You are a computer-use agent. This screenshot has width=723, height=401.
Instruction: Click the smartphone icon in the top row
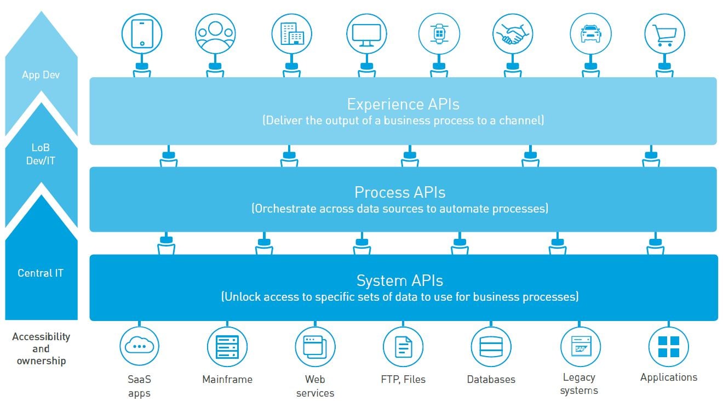[141, 33]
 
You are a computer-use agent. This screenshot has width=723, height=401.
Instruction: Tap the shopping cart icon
[664, 33]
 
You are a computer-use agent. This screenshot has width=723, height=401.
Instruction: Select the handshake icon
[512, 33]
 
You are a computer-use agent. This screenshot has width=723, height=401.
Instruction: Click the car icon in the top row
[590, 33]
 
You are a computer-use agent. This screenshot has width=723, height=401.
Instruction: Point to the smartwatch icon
[439, 33]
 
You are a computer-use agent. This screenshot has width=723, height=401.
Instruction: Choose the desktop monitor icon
[366, 33]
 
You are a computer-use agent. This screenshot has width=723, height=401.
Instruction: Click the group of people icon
[215, 33]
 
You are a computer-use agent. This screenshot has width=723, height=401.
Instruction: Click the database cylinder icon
[491, 346]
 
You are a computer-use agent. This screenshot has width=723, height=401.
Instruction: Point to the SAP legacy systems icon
[580, 346]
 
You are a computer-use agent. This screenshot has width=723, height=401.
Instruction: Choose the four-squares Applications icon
[668, 346]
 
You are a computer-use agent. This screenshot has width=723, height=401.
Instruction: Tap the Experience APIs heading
[403, 104]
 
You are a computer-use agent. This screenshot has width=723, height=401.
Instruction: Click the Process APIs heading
[400, 192]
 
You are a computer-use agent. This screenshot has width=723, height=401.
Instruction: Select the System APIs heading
[399, 280]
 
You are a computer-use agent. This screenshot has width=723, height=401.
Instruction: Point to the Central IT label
[41, 273]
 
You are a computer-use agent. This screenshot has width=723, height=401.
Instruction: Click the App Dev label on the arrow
[41, 75]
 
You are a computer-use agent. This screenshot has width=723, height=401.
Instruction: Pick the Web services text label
[315, 386]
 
